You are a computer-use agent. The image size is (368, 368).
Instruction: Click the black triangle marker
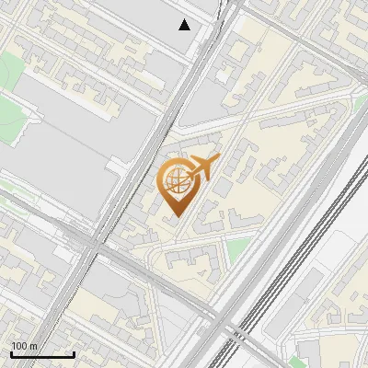point(185,25)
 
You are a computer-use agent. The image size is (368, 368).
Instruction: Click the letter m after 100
point(34,346)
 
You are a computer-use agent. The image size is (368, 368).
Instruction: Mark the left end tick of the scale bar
point(11,354)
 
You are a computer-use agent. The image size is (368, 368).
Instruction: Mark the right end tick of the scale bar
point(74,354)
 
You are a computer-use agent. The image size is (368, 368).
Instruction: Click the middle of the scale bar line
point(42,355)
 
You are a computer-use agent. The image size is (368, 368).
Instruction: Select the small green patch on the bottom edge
point(298,362)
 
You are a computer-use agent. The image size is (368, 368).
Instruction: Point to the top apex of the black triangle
point(185,19)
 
